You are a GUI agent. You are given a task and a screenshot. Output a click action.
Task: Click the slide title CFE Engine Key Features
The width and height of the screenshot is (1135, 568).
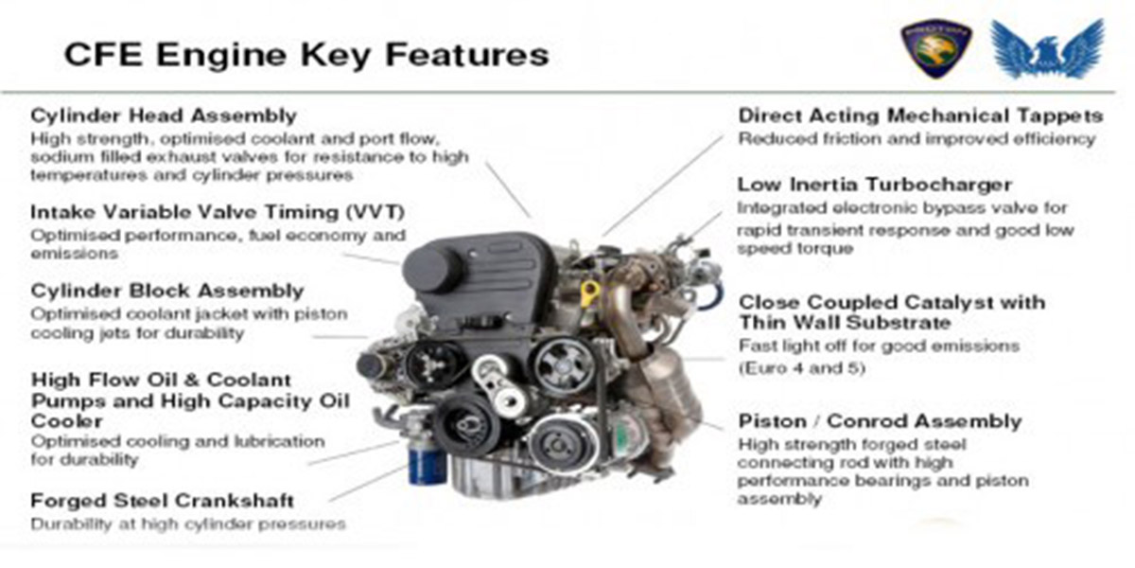(306, 54)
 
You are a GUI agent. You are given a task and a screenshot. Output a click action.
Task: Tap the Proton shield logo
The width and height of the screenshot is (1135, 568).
(935, 49)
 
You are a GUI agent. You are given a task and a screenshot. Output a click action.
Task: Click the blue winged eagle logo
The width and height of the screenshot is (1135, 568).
(1048, 48)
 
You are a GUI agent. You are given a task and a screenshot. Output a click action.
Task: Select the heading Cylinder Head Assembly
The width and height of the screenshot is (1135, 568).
(164, 115)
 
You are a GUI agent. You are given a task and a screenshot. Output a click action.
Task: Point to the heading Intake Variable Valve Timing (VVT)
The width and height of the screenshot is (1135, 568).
(218, 212)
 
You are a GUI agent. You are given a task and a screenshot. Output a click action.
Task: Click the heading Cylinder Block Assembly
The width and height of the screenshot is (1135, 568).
(167, 292)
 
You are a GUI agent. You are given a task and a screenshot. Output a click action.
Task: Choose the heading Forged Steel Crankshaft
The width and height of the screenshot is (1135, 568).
(162, 501)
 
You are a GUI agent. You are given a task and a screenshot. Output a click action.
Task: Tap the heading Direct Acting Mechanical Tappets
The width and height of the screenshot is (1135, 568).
(920, 115)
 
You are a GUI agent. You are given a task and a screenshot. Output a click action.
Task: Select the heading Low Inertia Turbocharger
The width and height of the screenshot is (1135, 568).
(875, 184)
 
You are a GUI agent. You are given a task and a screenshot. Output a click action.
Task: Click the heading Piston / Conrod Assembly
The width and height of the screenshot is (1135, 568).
(881, 421)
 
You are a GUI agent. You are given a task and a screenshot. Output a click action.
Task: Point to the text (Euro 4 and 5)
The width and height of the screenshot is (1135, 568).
(802, 367)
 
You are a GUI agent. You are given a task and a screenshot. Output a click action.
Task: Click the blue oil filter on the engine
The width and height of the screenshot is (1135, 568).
(427, 464)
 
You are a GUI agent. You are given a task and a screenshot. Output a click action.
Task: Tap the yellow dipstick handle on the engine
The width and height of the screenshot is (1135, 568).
(589, 293)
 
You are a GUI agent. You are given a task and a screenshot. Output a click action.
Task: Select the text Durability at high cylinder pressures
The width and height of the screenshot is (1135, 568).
(188, 524)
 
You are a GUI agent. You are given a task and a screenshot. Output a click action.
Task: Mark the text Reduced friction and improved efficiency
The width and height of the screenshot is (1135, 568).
(917, 138)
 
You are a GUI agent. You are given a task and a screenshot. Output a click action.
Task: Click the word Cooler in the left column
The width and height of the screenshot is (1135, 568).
(67, 421)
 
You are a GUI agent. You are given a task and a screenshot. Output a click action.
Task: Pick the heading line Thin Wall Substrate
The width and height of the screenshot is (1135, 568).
(845, 323)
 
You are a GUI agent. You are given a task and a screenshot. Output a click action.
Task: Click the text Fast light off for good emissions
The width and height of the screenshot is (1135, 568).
(879, 346)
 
